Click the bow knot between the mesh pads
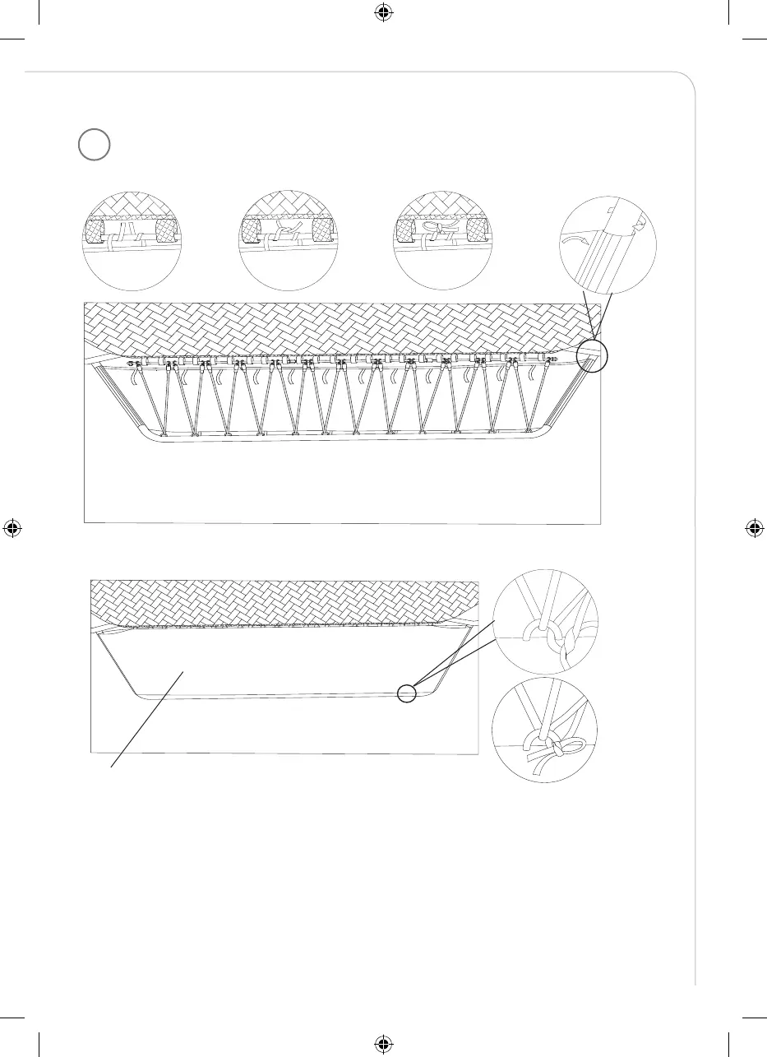433,229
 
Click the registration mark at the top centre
383,13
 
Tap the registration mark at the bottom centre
383,1043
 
